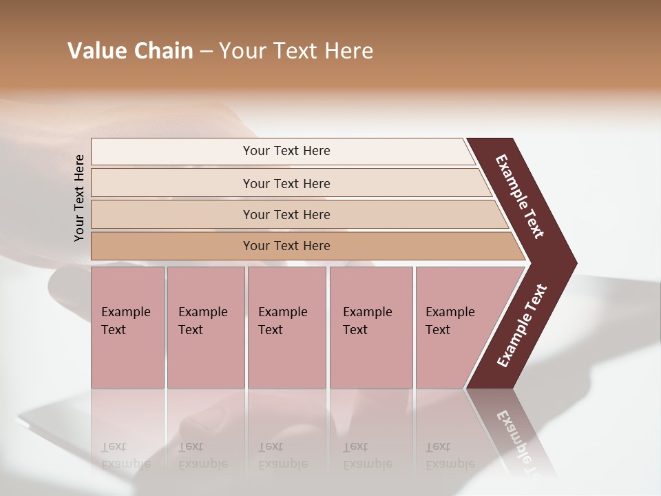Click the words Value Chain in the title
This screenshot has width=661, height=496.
click(130, 51)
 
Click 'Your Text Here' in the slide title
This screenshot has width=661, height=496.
click(296, 51)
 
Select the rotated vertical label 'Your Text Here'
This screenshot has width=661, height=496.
click(79, 198)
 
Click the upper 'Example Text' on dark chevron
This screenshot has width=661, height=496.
click(520, 196)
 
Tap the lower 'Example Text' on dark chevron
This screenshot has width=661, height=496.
click(522, 326)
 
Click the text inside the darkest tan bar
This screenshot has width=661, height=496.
click(286, 246)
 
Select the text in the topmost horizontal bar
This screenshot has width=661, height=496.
click(286, 151)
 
